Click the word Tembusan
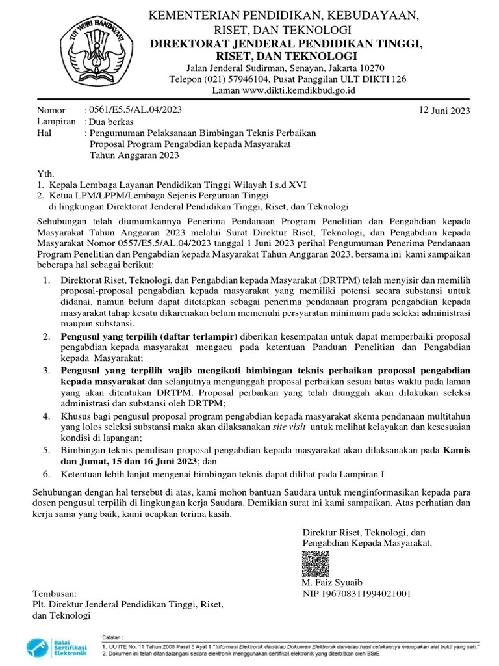[x=55, y=594]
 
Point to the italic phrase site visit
[x=288, y=427]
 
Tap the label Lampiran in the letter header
[x=57, y=122]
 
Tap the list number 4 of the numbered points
[x=47, y=416]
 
